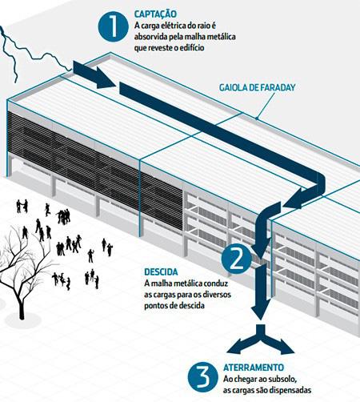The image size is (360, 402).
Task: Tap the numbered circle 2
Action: click(x=236, y=259)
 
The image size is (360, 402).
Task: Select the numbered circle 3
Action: click(x=202, y=377)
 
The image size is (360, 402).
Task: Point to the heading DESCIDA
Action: click(x=161, y=272)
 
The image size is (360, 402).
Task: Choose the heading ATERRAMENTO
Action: click(x=254, y=368)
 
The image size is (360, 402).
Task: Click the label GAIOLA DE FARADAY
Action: click(x=258, y=87)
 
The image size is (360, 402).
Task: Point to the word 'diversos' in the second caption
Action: click(x=218, y=295)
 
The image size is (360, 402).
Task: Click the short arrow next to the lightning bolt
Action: click(x=94, y=74)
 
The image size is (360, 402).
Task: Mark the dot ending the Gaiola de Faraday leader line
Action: click(x=257, y=118)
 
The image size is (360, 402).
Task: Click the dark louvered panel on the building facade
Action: click(x=94, y=171)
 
